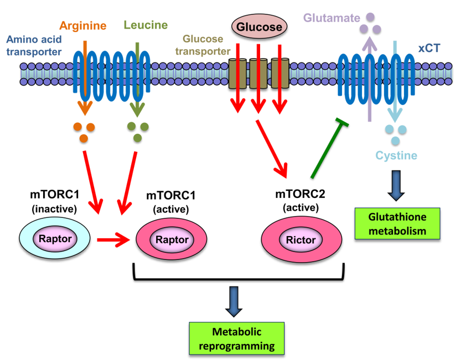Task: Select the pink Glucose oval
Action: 260,27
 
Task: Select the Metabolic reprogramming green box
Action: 237,338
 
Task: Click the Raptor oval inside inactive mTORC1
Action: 54,239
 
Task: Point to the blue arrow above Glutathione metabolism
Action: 397,186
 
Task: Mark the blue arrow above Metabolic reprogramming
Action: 237,301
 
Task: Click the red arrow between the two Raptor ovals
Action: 112,240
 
